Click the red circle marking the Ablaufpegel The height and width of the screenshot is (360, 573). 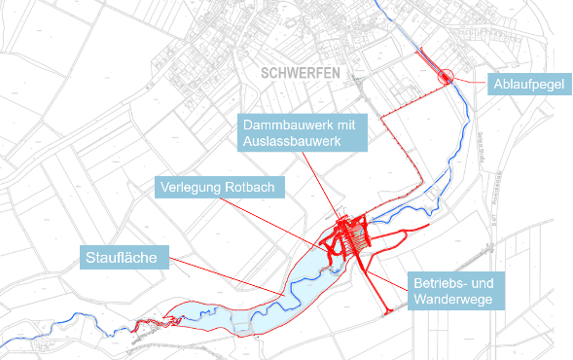pos(446,76)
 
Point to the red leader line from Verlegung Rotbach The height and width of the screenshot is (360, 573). pos(292,219)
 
